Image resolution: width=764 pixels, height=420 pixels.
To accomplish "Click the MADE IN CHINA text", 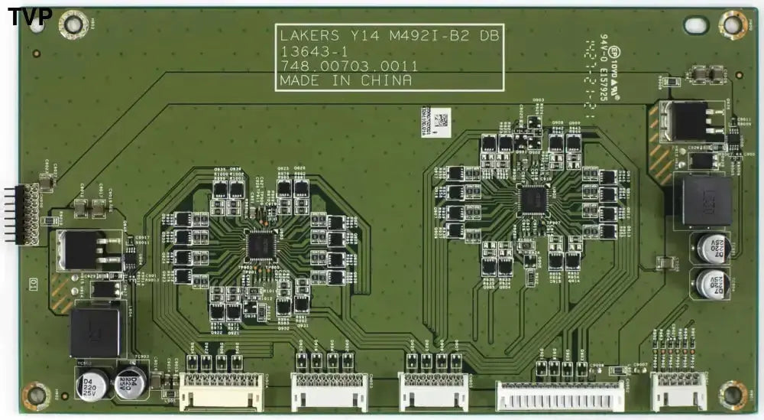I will pyautogui.click(x=345, y=80).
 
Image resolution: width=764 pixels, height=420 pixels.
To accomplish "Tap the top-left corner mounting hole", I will pyautogui.click(x=73, y=24).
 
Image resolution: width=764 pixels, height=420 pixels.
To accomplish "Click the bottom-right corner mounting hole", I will pyautogui.click(x=733, y=395).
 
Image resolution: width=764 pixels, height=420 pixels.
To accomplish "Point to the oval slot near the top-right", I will pyautogui.click(x=696, y=24).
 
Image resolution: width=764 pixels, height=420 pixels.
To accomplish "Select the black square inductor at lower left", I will pyautogui.click(x=95, y=333).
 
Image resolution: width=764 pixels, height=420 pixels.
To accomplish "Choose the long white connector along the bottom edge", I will pyautogui.click(x=560, y=396).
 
